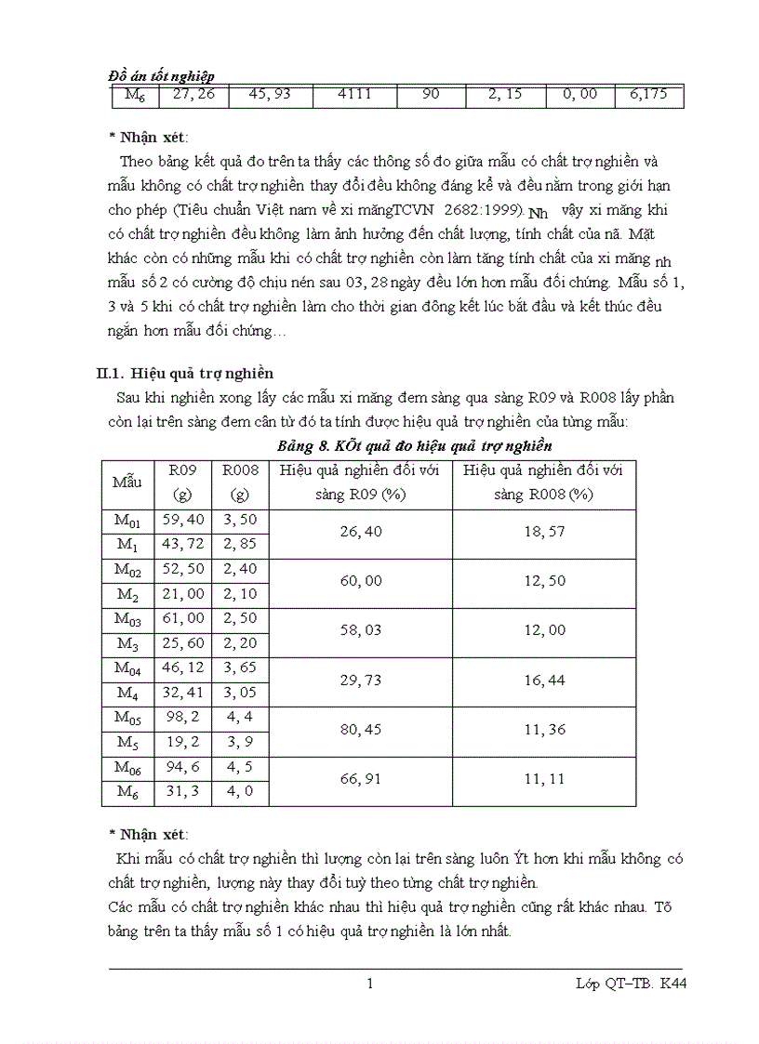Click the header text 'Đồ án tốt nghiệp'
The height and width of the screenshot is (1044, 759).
click(162, 76)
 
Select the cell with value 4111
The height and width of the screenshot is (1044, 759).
click(354, 95)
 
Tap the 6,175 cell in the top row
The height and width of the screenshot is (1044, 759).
click(648, 95)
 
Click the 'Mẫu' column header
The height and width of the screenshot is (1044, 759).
click(126, 482)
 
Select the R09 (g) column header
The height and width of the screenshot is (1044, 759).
click(182, 482)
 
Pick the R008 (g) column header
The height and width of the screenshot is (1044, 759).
click(240, 482)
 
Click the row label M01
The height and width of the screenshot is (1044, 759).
click(126, 522)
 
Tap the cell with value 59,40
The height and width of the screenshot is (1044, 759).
click(182, 522)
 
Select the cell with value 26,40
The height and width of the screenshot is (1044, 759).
click(360, 534)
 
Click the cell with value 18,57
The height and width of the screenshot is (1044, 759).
click(544, 534)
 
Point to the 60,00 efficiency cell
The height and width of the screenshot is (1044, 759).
click(360, 583)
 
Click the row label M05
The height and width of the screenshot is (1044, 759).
click(126, 718)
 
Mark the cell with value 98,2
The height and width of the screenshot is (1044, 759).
click(182, 718)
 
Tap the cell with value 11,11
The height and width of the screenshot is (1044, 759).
click(544, 779)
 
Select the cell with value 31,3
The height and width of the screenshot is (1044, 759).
click(182, 792)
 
